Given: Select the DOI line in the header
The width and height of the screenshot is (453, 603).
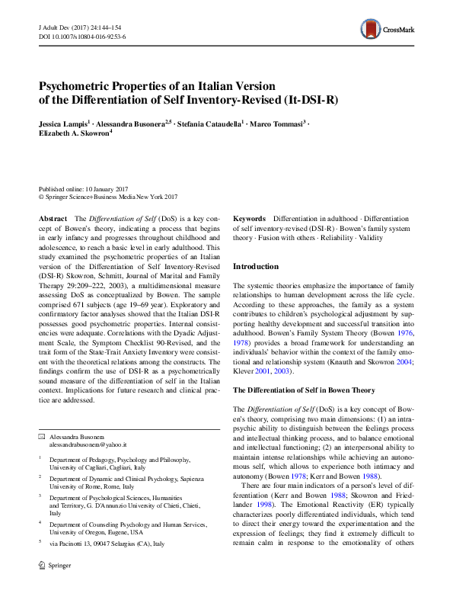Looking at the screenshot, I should pyautogui.click(x=82, y=36).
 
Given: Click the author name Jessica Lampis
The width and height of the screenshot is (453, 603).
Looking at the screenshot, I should pyautogui.click(x=65, y=123).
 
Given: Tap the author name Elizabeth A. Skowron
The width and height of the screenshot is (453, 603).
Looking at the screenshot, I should pyautogui.click(x=73, y=133).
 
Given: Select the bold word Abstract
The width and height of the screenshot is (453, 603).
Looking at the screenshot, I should pyautogui.click(x=53, y=219).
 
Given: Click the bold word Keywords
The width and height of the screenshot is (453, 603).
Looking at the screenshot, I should pyautogui.click(x=249, y=219).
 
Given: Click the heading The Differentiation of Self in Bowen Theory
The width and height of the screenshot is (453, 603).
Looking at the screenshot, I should pyautogui.click(x=304, y=390).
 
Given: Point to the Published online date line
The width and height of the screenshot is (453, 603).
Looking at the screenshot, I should pyautogui.click(x=85, y=188).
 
